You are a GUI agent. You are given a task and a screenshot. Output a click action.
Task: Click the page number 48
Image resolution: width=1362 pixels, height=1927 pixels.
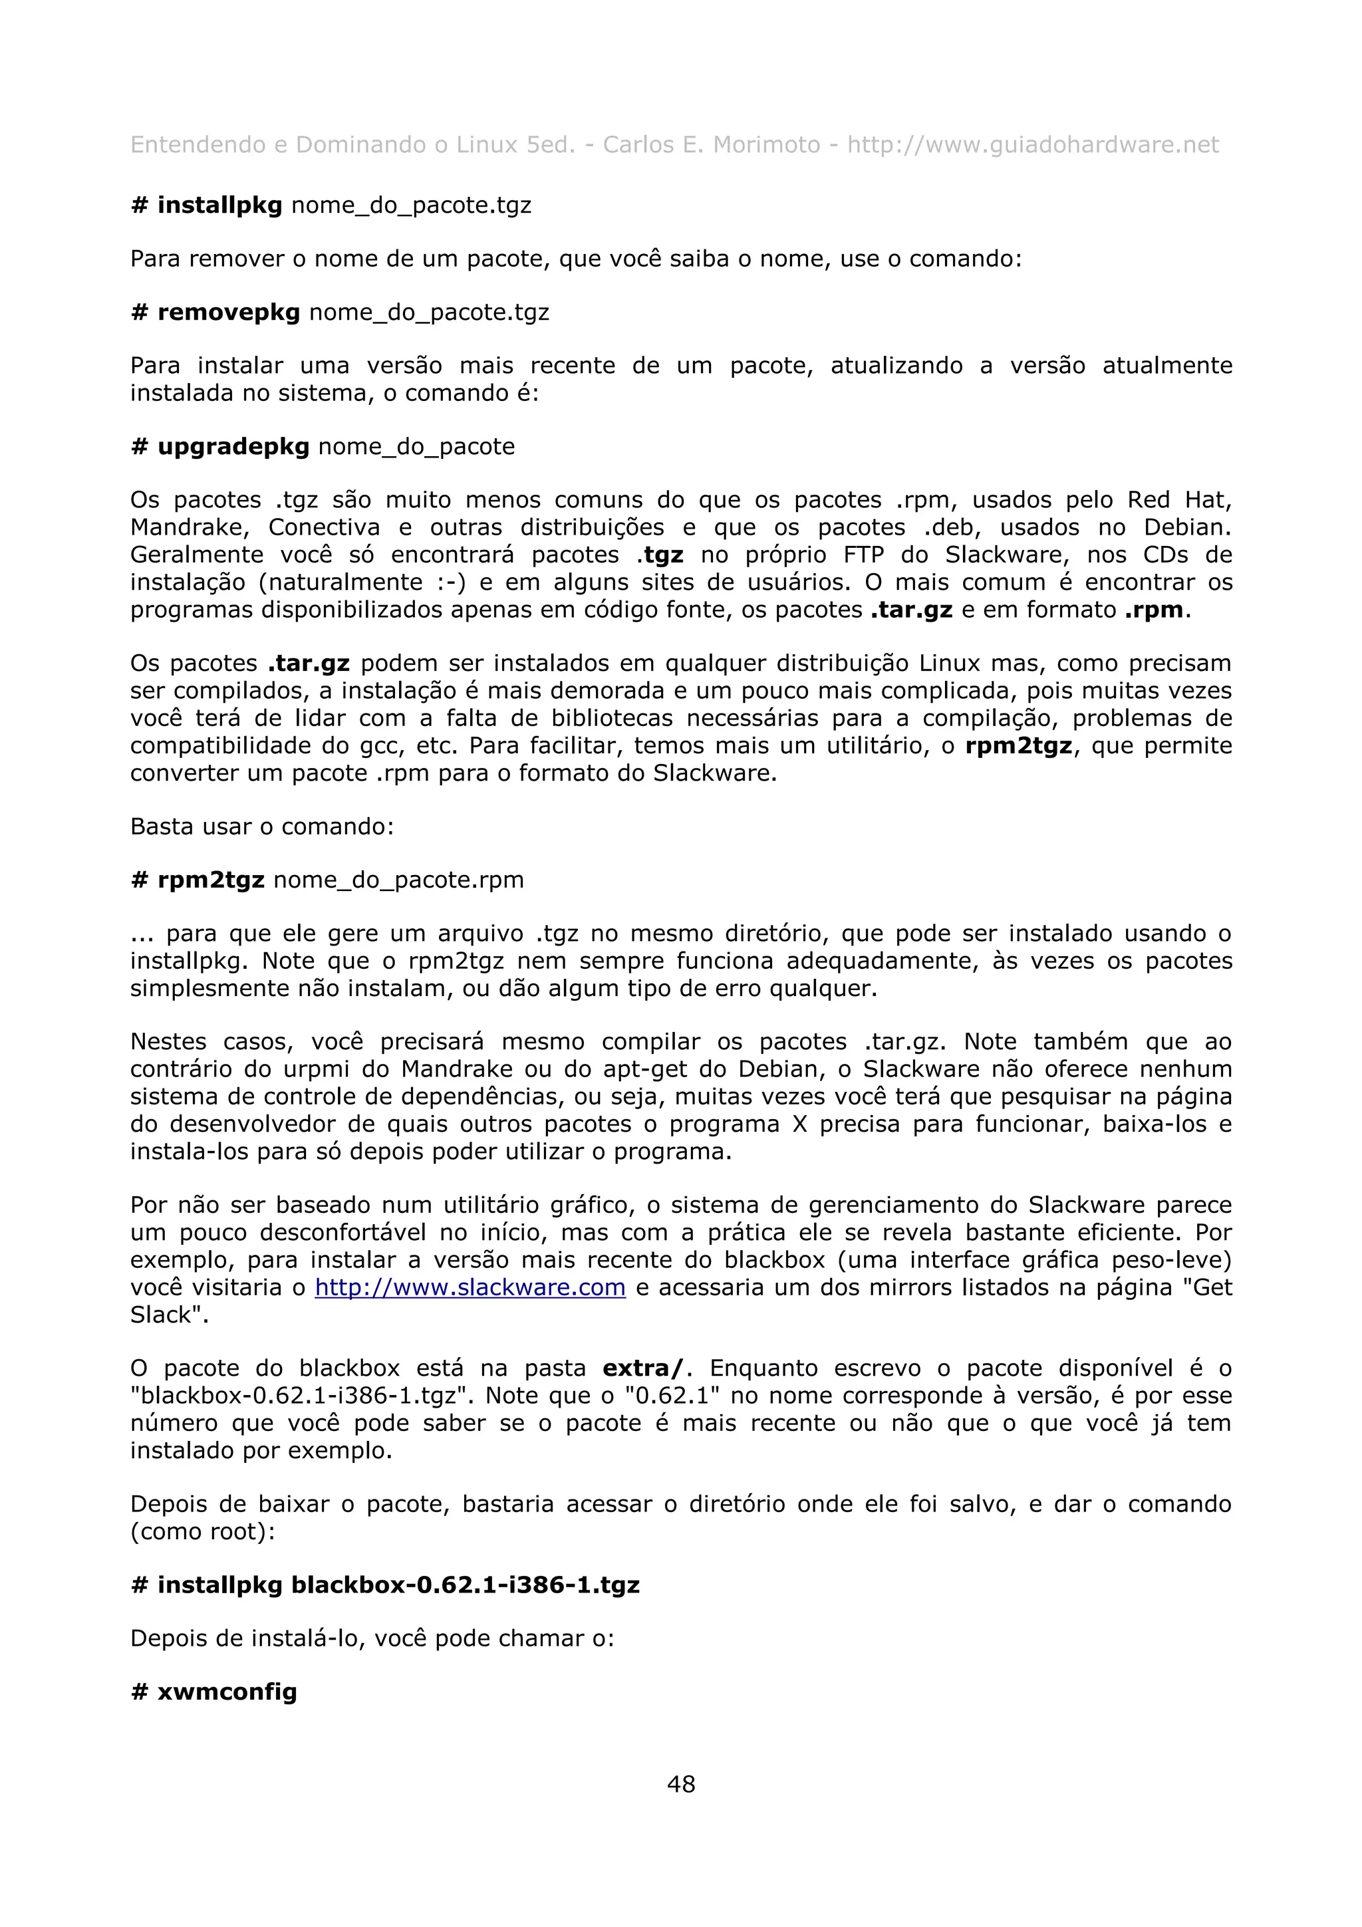(x=680, y=1783)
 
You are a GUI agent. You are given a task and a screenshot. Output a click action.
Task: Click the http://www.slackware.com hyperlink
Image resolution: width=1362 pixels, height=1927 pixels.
(x=470, y=1287)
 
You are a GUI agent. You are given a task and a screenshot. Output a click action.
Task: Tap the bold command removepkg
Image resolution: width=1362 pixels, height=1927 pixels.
(x=228, y=313)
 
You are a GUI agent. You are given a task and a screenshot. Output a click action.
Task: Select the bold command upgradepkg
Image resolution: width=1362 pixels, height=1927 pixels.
(x=233, y=446)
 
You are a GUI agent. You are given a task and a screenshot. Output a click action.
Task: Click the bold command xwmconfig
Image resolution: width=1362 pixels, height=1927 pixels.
(x=227, y=1692)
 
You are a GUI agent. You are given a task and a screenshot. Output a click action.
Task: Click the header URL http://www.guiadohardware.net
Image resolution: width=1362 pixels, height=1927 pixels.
(x=1032, y=145)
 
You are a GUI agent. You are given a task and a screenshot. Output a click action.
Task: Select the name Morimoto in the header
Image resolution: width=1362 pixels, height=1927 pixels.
(x=766, y=145)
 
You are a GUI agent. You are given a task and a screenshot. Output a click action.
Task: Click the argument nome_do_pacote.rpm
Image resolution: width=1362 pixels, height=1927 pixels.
(x=398, y=880)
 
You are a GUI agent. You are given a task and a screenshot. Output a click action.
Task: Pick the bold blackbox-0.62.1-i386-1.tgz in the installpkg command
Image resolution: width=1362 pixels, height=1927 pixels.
(x=465, y=1585)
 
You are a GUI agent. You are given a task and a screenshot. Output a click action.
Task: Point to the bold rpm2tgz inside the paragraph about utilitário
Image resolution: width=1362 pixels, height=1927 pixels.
(x=1018, y=746)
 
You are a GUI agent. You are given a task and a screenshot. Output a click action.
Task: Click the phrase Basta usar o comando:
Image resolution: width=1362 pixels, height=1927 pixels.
(x=262, y=827)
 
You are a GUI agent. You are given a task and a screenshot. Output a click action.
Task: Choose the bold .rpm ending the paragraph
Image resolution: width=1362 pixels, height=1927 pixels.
(x=1153, y=610)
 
